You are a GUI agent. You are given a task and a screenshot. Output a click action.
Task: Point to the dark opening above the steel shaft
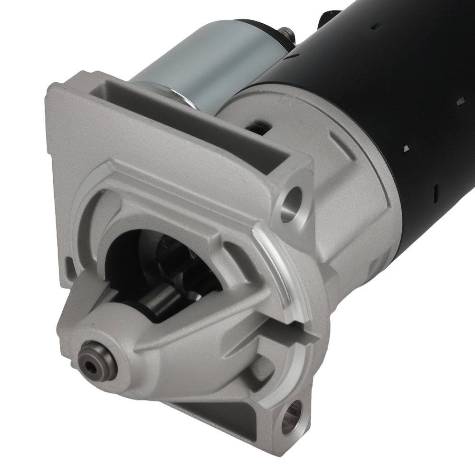tap(142, 252)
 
